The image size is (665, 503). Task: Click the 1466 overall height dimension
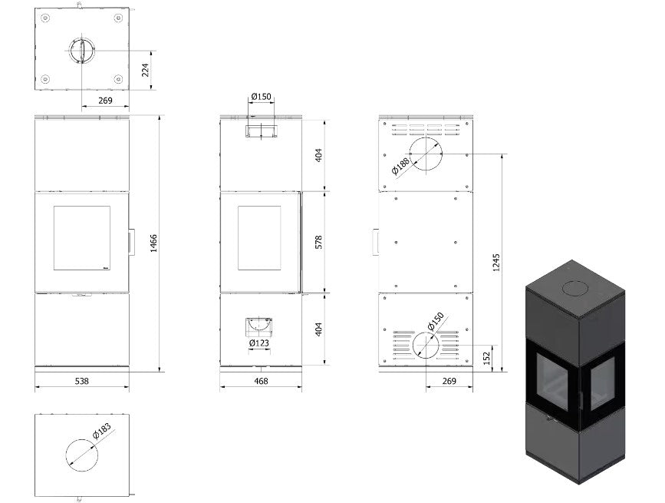click(154, 243)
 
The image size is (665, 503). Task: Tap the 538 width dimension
click(82, 381)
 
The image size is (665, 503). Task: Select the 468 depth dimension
click(261, 381)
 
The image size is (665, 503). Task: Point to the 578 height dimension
click(319, 242)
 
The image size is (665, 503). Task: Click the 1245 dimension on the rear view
click(496, 263)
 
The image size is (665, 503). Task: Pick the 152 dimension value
click(486, 358)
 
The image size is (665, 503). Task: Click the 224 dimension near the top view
click(145, 70)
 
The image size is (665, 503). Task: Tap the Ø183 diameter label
click(102, 431)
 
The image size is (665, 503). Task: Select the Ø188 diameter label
click(401, 167)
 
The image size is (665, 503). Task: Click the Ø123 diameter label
click(259, 343)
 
